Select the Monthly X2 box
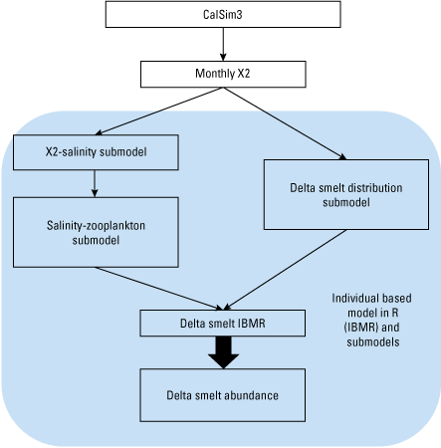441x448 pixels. tap(221, 74)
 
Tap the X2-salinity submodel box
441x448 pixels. tap(96, 151)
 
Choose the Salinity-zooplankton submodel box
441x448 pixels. tap(96, 231)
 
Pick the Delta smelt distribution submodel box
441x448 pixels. tap(346, 195)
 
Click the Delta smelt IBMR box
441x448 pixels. tap(222, 323)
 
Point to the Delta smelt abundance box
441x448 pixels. tap(222, 395)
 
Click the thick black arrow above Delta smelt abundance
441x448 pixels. tap(222, 350)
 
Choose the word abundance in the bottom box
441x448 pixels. tap(249, 395)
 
